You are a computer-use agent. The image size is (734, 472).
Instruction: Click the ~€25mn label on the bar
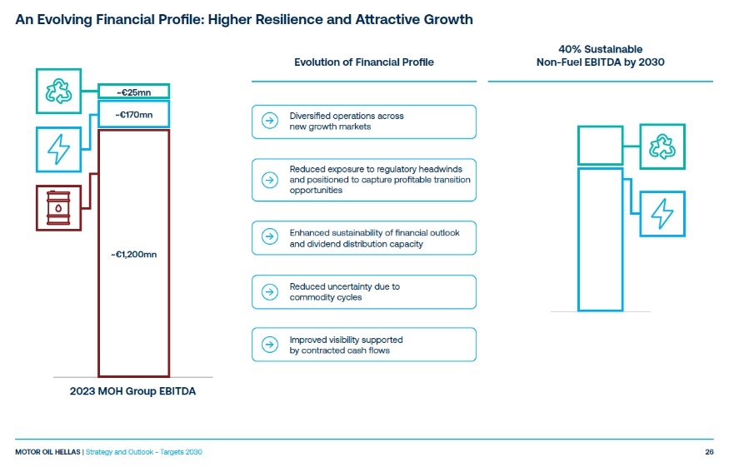(134, 92)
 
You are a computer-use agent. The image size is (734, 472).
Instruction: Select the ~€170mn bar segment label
(134, 115)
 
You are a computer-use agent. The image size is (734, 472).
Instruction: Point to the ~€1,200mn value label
(134, 255)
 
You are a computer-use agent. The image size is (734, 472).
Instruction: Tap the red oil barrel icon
(58, 208)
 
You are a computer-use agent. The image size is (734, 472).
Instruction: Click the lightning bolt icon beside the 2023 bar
(58, 149)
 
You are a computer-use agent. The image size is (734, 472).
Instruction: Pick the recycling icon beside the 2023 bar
(58, 92)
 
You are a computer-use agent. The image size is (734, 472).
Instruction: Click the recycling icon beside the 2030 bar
(662, 147)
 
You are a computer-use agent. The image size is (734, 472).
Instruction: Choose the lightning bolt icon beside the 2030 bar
(662, 214)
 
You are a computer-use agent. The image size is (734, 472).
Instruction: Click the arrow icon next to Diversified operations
(270, 121)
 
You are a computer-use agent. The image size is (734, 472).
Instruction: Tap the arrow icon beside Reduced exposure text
(270, 180)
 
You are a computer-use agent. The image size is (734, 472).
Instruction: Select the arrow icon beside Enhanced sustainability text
(270, 236)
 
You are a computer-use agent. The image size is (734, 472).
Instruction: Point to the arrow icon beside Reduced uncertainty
(270, 292)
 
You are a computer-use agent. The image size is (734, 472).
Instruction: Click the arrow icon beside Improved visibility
(270, 345)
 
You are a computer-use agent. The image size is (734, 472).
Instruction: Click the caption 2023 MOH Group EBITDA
(133, 391)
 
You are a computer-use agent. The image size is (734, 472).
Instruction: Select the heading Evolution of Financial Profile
(364, 62)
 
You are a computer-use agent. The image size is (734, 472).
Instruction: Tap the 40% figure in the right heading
(570, 49)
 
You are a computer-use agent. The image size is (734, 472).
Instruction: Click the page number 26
(709, 452)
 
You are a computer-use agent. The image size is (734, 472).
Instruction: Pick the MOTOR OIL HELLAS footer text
(47, 452)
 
